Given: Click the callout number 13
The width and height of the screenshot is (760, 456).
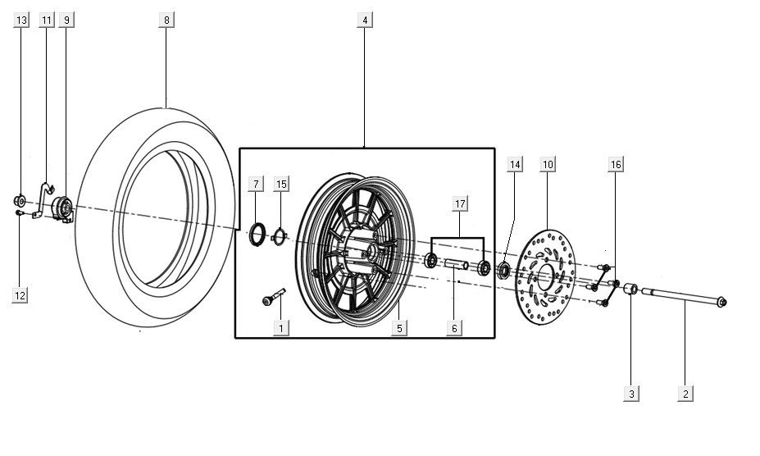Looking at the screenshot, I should point(21,19).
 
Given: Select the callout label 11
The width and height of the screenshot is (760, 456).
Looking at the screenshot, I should point(46,19).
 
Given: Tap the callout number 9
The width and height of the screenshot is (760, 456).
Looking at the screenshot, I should point(66,19).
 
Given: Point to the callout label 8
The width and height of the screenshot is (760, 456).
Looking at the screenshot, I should point(166,19).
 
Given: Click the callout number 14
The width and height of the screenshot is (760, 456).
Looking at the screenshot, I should point(514,165).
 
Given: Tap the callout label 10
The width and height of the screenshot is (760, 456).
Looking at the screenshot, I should point(548,165).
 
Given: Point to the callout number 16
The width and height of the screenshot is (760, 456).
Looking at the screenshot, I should point(616,165).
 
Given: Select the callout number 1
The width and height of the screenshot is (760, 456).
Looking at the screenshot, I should point(280,328).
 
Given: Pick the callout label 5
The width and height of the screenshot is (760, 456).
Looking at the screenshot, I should point(398,328).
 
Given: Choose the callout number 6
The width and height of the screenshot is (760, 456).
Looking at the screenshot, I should point(453,328).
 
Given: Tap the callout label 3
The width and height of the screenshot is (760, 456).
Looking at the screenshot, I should point(631,394).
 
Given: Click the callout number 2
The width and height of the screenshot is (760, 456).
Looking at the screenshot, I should point(685,394).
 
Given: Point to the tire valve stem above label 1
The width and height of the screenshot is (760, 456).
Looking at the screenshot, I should point(273,298).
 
